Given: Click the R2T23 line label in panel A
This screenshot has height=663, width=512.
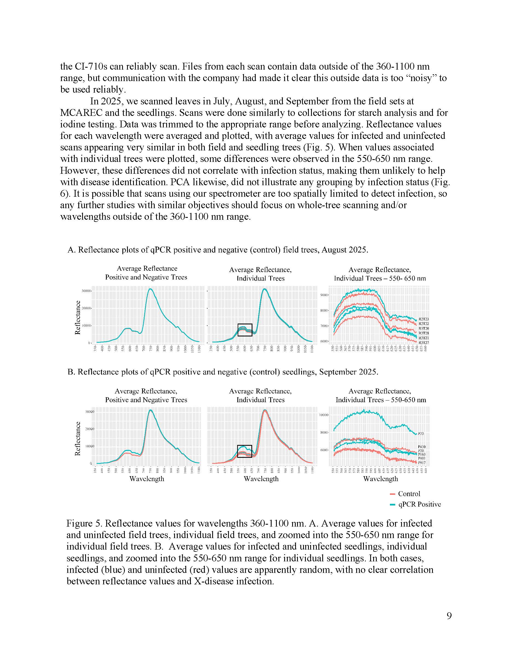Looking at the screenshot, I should (424, 319).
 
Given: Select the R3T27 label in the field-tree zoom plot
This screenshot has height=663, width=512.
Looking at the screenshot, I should (424, 343).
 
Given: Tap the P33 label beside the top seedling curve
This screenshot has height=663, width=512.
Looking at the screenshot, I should (421, 433).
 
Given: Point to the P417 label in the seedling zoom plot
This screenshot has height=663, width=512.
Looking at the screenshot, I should (422, 463).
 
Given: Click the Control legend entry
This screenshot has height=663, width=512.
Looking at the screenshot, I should (409, 494).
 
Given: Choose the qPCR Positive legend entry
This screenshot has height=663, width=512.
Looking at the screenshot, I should (419, 504).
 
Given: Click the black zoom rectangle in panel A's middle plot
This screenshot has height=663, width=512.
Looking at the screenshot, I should (245, 330).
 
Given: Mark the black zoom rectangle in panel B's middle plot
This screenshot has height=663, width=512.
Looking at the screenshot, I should (245, 451).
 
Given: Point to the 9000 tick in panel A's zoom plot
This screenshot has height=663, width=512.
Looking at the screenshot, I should (324, 295).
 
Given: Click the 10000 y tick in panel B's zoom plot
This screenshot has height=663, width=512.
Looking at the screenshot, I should (323, 415).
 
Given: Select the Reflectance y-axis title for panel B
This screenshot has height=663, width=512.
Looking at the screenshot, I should (78, 438).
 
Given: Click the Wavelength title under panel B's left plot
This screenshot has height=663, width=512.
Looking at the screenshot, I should (147, 479).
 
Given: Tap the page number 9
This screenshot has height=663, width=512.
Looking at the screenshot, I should (449, 616).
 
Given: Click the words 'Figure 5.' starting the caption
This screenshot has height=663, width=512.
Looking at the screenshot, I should (84, 523).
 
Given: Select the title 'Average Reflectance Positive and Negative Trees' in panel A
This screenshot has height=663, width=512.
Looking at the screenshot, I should (146, 273).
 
